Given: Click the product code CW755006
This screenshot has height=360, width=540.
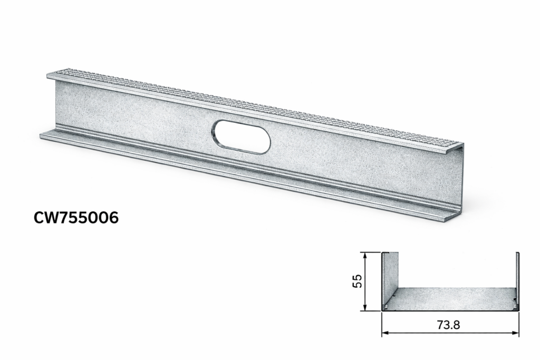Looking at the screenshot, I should click(x=76, y=217).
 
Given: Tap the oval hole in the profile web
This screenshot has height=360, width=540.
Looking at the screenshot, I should click(x=242, y=137).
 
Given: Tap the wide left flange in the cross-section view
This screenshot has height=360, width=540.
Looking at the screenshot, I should click(x=390, y=279).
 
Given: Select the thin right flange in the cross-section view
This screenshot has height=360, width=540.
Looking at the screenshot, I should click(x=517, y=279).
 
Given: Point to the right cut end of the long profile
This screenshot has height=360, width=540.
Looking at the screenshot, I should click(x=460, y=182).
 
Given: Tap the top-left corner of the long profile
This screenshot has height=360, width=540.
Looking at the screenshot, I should click(x=48, y=75).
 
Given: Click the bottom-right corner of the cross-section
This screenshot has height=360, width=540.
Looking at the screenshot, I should click(x=518, y=310).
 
